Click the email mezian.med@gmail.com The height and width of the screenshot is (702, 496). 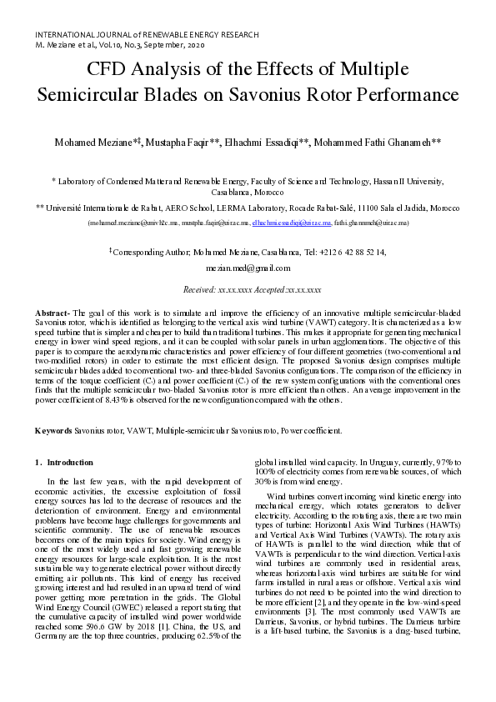(x=248, y=268)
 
